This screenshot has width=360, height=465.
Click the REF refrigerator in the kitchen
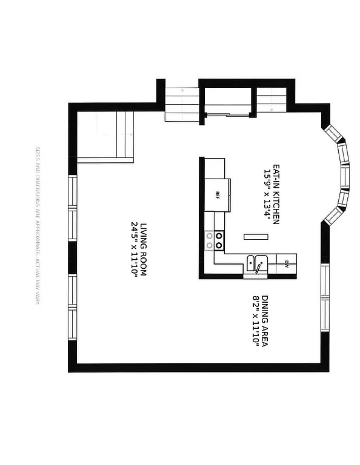point(218,194)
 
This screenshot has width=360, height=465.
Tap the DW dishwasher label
point(285,263)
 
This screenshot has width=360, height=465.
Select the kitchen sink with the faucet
point(257,263)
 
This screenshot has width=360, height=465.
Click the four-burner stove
point(218,240)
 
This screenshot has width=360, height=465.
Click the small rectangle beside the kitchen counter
point(256,236)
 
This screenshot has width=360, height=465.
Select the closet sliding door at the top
point(228,114)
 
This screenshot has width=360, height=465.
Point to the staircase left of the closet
point(182,104)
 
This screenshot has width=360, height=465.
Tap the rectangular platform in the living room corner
point(105,137)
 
